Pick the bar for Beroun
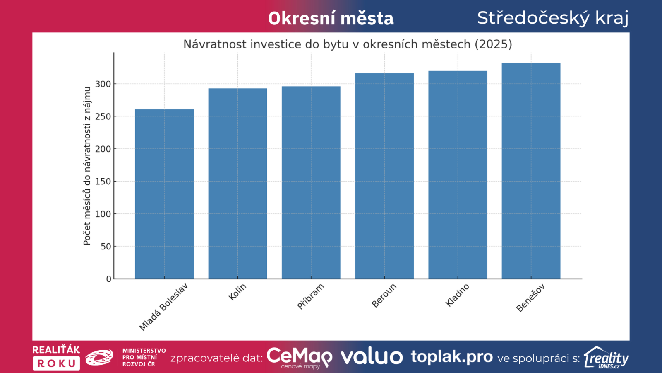[384, 176]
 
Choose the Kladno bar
[457, 175]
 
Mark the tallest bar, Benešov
[531, 171]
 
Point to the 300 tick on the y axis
[103, 84]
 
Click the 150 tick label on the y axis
[103, 182]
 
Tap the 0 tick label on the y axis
[108, 279]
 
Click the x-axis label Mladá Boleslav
[163, 307]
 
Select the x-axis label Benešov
[530, 298]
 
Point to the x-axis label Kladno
[457, 295]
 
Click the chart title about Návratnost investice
[348, 44]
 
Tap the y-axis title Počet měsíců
[87, 166]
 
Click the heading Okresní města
[331, 19]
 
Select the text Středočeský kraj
[553, 18]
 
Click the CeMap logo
[299, 357]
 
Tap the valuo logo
[372, 357]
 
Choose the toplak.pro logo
[451, 356]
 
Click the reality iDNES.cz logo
[606, 357]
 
